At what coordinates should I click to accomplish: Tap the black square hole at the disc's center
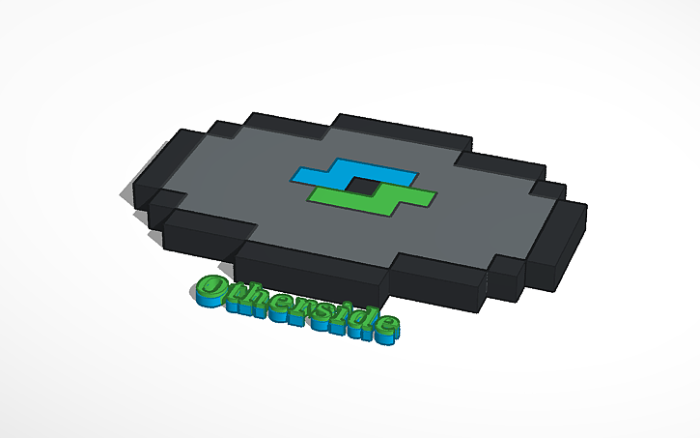(362, 185)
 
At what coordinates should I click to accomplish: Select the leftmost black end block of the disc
(145, 190)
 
